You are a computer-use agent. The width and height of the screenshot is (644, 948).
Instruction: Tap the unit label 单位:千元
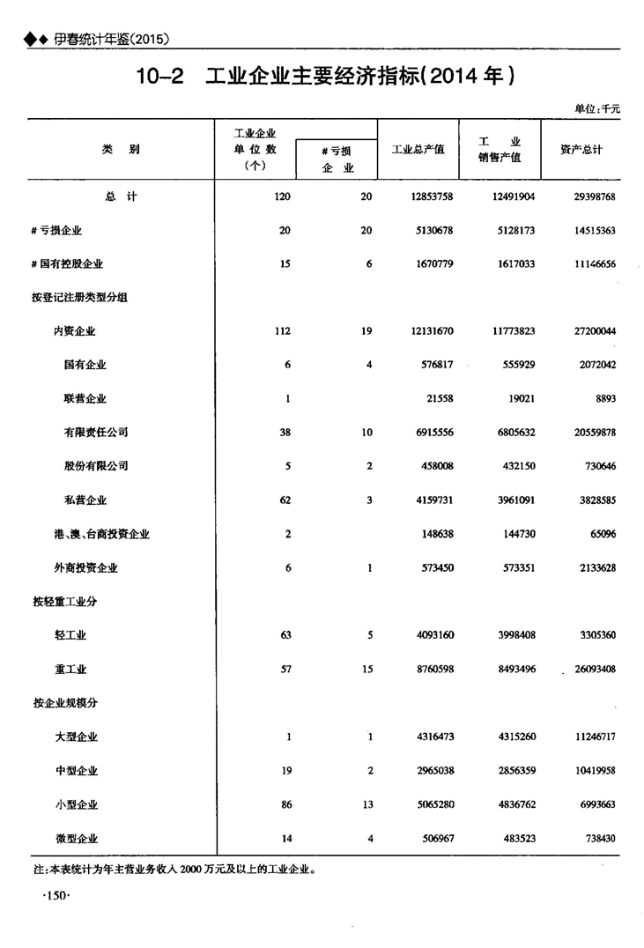point(597,109)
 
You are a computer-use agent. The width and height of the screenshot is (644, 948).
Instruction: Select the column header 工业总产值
point(418,150)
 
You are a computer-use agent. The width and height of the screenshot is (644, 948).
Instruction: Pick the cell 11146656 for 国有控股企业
point(592,263)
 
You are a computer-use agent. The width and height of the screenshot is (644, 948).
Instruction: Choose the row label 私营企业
point(85,500)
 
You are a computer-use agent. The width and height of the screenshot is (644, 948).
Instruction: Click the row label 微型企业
point(76,839)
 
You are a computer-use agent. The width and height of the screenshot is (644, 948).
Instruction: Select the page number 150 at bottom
point(49,896)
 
